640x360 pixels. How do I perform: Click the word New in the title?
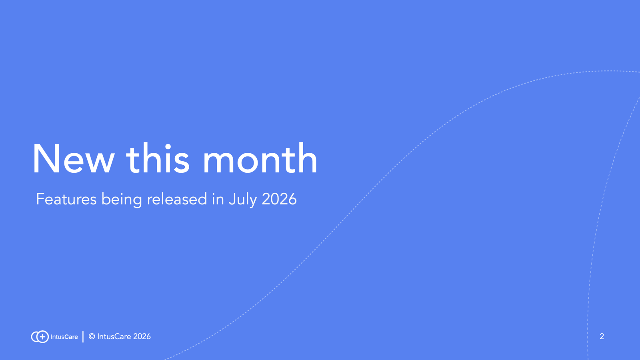click(74, 159)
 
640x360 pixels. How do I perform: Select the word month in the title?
click(260, 158)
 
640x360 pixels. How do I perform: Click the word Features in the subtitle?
click(66, 199)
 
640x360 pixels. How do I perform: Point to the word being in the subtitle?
click(122, 200)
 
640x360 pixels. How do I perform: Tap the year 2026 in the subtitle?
click(279, 199)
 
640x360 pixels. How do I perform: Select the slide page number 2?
click(602, 336)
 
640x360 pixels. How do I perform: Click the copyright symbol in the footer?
click(92, 336)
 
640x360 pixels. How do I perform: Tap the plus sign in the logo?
click(42, 336)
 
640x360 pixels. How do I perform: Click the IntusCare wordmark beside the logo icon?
click(64, 337)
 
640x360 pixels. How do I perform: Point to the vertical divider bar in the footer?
click(83, 336)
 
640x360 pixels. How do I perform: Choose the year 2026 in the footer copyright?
click(142, 336)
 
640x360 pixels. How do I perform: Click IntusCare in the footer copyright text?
click(114, 336)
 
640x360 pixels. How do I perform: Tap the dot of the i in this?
click(168, 147)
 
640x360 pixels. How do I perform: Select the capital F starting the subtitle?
click(40, 199)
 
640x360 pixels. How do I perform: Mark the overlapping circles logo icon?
click(40, 336)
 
